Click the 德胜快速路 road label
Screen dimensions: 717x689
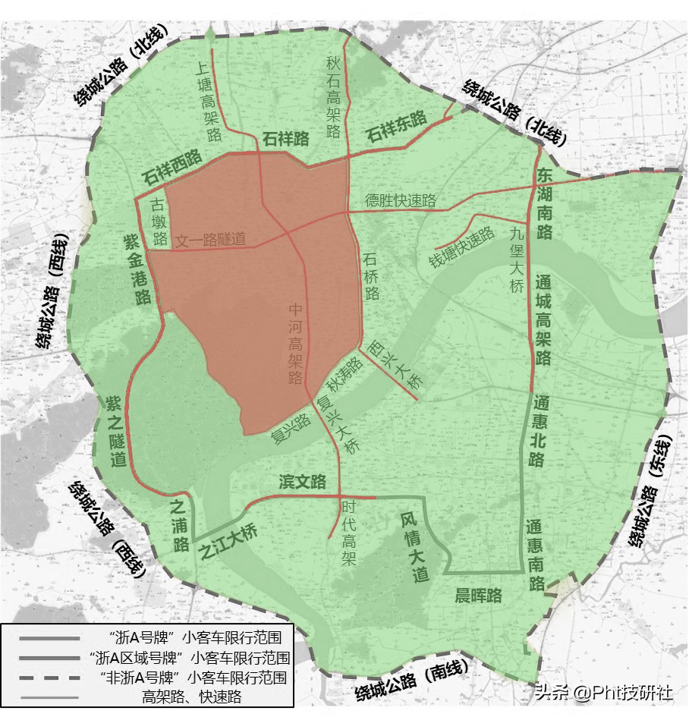pos(400,200)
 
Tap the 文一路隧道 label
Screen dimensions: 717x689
pos(211,240)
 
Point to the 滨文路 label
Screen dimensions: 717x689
pos(302,482)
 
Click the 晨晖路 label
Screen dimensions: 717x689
pos(478,596)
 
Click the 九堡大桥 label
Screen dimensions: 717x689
pos(518,260)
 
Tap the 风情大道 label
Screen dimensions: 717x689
pos(414,547)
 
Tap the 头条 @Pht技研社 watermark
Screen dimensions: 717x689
pos(602,693)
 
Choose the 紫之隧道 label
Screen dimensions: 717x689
pos(116,430)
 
